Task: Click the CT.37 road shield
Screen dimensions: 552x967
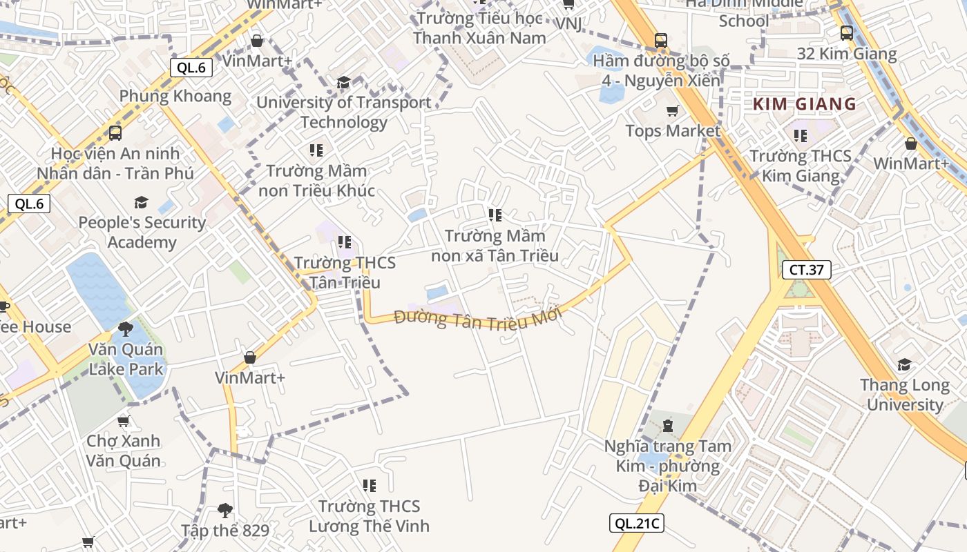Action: click(x=806, y=269)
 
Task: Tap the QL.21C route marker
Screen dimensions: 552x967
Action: click(x=636, y=523)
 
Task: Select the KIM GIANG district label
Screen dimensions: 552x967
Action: click(x=804, y=105)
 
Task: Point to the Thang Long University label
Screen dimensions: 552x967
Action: click(x=905, y=395)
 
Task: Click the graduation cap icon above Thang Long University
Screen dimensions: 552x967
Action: click(x=904, y=364)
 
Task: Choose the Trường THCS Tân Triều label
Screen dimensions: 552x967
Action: click(x=345, y=273)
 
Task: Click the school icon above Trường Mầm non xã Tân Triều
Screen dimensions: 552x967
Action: click(x=495, y=215)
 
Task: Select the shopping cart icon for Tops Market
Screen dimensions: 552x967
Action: click(x=672, y=110)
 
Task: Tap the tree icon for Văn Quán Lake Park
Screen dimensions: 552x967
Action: click(x=125, y=328)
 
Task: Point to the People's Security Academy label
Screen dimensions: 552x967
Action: click(x=142, y=232)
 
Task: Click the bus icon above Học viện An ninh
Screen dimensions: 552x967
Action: click(x=115, y=132)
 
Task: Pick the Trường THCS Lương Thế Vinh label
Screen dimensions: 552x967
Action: click(x=369, y=516)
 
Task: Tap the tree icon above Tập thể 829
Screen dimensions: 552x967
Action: click(x=224, y=511)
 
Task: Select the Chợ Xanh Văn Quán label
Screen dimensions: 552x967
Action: click(x=124, y=451)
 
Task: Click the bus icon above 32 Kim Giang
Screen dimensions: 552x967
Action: click(x=847, y=32)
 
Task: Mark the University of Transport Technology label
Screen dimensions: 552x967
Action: click(x=344, y=112)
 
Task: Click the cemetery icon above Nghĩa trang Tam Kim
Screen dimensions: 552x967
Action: click(x=667, y=424)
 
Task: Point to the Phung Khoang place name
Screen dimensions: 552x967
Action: click(x=175, y=96)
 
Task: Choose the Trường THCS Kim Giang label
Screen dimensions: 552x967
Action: click(x=801, y=166)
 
